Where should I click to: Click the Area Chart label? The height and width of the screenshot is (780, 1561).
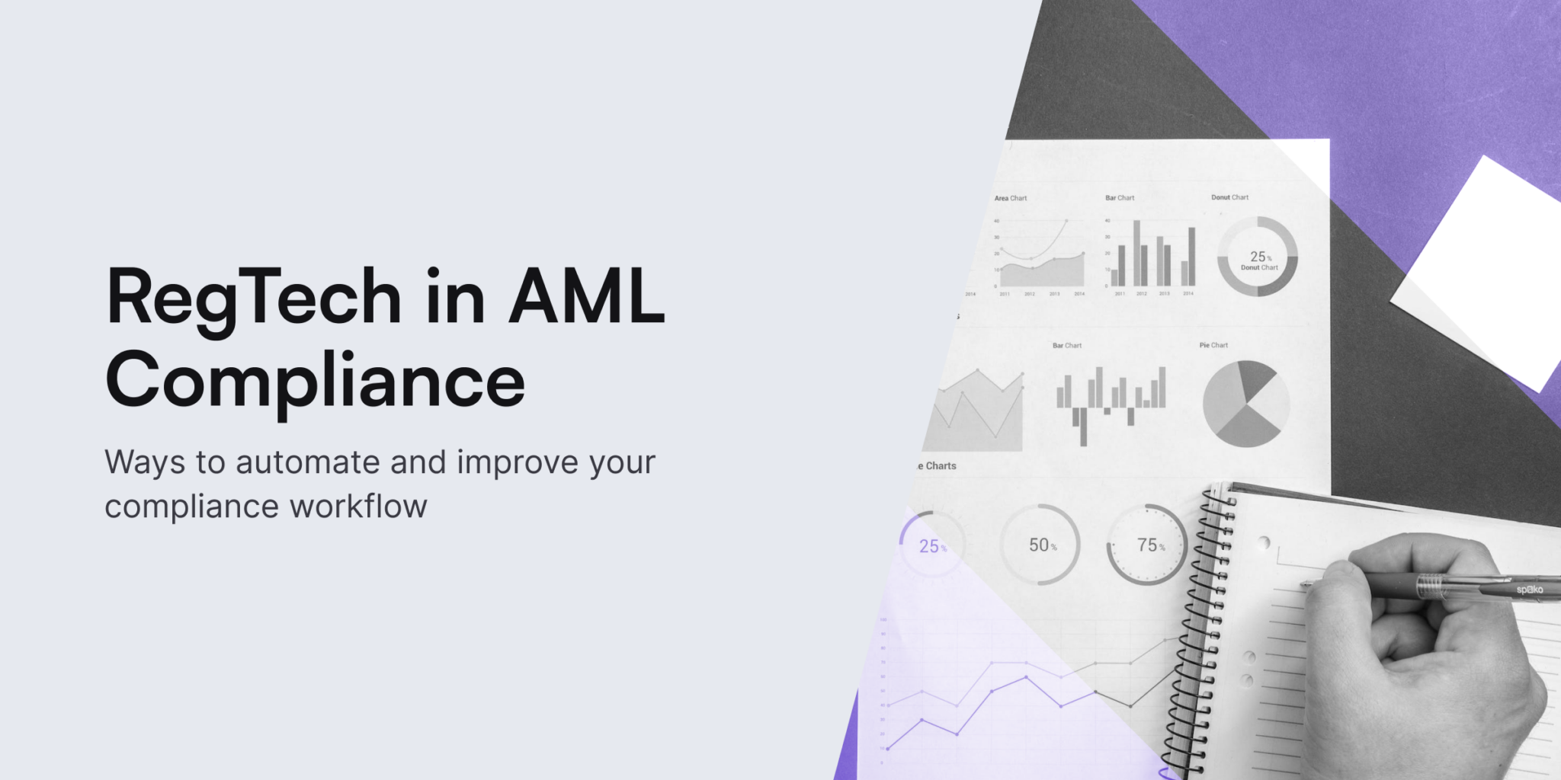pyautogui.click(x=1010, y=198)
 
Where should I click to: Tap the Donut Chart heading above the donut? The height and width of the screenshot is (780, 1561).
pyautogui.click(x=1229, y=197)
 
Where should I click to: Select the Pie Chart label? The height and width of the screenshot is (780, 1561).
pyautogui.click(x=1213, y=345)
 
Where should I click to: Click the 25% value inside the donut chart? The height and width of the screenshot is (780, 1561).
pyautogui.click(x=1259, y=257)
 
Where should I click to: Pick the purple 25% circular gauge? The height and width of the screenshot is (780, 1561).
pyautogui.click(x=931, y=545)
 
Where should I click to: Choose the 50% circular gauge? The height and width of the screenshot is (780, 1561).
pyautogui.click(x=1040, y=545)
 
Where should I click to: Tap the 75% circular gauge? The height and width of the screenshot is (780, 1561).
pyautogui.click(x=1148, y=545)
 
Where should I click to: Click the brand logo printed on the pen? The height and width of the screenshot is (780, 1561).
pyautogui.click(x=1529, y=590)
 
